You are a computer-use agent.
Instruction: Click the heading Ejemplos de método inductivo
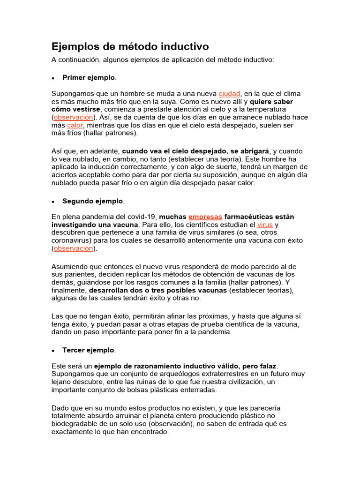130,47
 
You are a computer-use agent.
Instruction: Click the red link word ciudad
229,94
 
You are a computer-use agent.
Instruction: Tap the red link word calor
75,125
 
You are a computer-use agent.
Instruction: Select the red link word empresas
205,217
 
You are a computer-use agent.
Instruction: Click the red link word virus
265,225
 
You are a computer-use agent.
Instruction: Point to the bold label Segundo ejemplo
93,201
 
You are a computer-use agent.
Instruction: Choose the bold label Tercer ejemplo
88,350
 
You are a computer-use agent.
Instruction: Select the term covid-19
143,217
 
